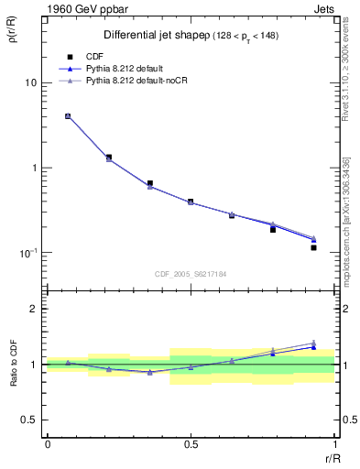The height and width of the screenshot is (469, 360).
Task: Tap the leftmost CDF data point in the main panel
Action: [x=68, y=116]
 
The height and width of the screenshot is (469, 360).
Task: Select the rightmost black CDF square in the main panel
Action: [x=313, y=247]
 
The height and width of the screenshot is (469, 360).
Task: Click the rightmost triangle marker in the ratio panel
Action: [x=313, y=343]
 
